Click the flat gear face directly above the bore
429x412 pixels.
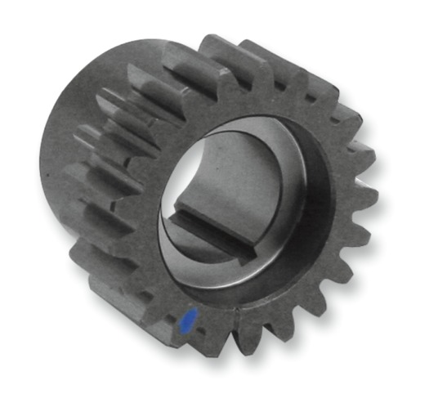[x=253, y=98]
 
